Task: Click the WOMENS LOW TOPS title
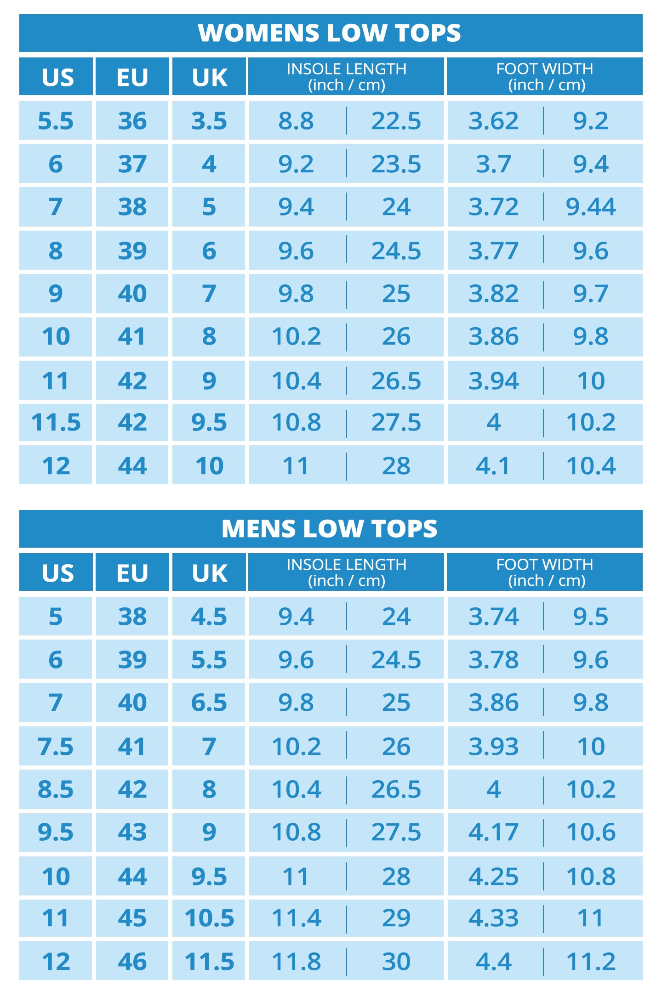click(x=330, y=33)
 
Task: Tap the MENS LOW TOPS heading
click(x=330, y=529)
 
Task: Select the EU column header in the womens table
click(x=132, y=77)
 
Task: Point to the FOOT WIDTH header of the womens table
click(x=545, y=77)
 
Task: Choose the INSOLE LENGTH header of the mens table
click(x=346, y=572)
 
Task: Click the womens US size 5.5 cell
click(x=56, y=121)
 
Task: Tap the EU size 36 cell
click(x=132, y=121)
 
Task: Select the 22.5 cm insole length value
click(x=396, y=121)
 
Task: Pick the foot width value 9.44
click(x=591, y=207)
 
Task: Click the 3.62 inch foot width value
click(x=493, y=121)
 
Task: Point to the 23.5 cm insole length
click(x=396, y=164)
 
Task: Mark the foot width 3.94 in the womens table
click(x=493, y=381)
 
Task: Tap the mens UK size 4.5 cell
click(x=209, y=617)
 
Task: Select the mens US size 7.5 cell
click(x=56, y=747)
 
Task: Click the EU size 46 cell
click(x=132, y=962)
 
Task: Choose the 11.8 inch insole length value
click(x=296, y=962)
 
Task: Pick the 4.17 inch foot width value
click(x=493, y=832)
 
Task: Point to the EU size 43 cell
click(x=132, y=832)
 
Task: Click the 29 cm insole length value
click(x=396, y=918)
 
